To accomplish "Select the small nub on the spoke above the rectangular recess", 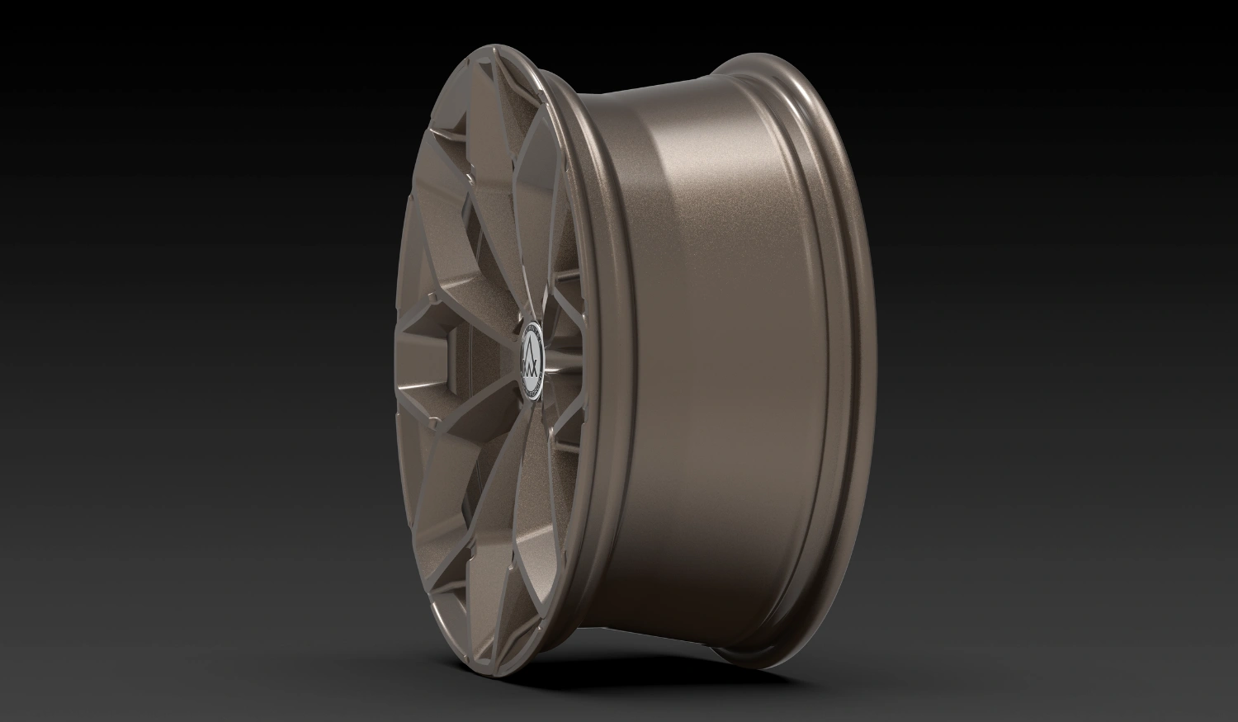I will pyautogui.click(x=432, y=293).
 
